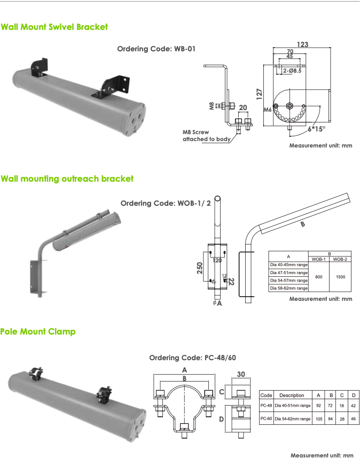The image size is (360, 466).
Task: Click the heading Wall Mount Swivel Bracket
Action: [54, 26]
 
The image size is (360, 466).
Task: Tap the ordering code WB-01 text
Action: [156, 49]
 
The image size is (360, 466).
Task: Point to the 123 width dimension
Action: [303, 45]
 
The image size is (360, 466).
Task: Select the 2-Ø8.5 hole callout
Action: [292, 70]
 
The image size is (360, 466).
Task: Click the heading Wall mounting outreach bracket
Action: [67, 178]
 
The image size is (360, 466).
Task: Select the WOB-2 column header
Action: [340, 259]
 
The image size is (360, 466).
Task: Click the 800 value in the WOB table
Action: [318, 277]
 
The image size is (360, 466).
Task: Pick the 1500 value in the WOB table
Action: [340, 277]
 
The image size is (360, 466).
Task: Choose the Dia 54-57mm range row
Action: [288, 280]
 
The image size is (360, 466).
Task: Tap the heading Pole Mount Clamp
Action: [38, 331]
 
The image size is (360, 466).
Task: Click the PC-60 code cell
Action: [266, 419]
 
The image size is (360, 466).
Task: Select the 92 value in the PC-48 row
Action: [318, 406]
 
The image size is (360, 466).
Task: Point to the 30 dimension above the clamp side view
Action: [240, 374]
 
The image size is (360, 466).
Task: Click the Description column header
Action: [292, 395]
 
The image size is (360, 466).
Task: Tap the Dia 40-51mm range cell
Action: [292, 406]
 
